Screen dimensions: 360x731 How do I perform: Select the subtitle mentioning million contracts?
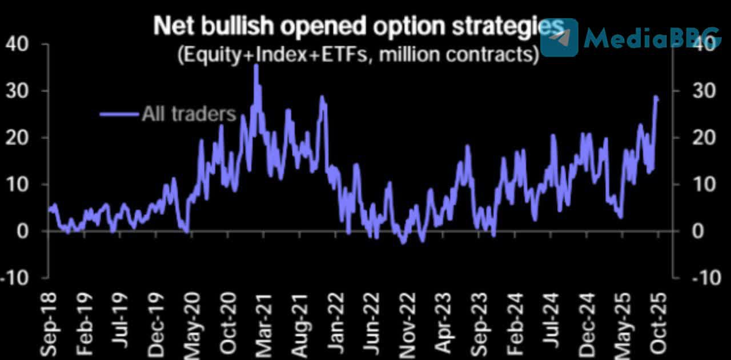coord(357,55)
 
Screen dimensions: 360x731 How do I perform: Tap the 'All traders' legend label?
coord(189,114)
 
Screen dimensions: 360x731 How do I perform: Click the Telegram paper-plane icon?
coord(559,37)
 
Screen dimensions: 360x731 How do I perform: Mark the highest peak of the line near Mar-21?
coord(256,66)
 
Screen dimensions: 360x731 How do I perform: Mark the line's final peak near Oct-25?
coord(656,97)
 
